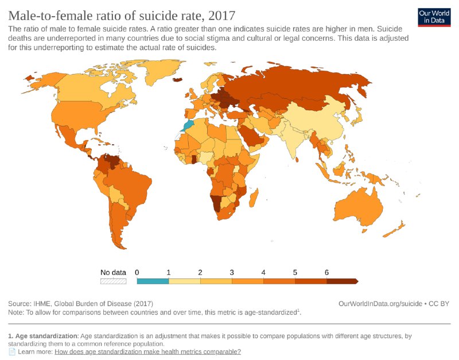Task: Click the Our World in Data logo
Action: [x=434, y=17]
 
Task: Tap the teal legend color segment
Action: [x=153, y=281]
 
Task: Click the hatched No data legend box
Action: [x=113, y=281]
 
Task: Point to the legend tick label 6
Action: [x=326, y=272]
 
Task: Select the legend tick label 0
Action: [x=137, y=272]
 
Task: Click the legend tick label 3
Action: [x=232, y=272]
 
